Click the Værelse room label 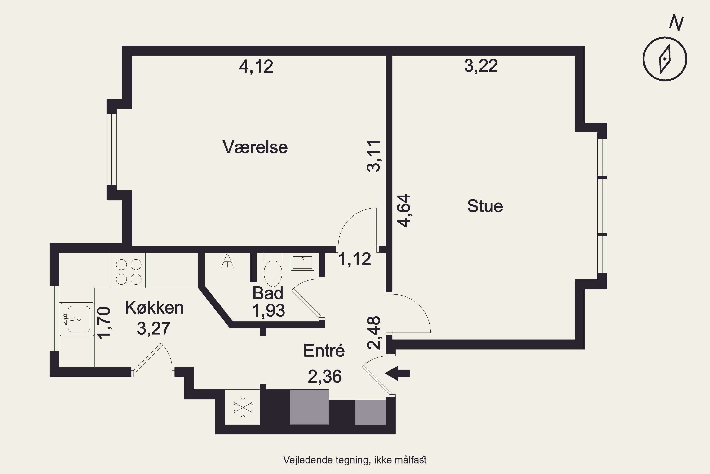click(x=255, y=147)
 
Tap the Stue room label click(x=485, y=206)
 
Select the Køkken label click(x=154, y=308)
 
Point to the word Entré click(x=324, y=351)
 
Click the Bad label click(x=268, y=293)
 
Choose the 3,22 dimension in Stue click(x=481, y=66)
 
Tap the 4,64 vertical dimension click(x=404, y=210)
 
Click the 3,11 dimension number click(x=373, y=156)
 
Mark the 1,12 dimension click(x=354, y=259)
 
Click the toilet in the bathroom click(x=273, y=270)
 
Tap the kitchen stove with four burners click(x=128, y=270)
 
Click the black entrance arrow click(x=398, y=373)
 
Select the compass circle click(x=665, y=59)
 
